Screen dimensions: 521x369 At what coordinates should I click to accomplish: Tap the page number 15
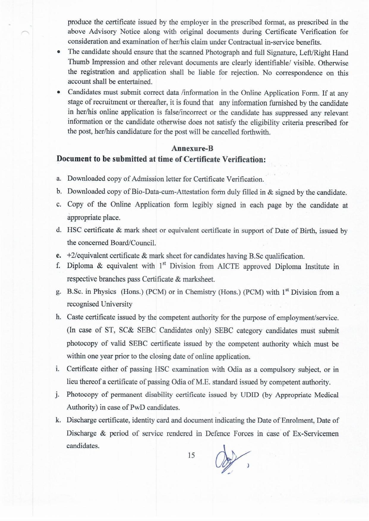191,455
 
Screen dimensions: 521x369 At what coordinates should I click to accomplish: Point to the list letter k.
58,420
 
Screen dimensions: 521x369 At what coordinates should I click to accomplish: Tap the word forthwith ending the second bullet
255,132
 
